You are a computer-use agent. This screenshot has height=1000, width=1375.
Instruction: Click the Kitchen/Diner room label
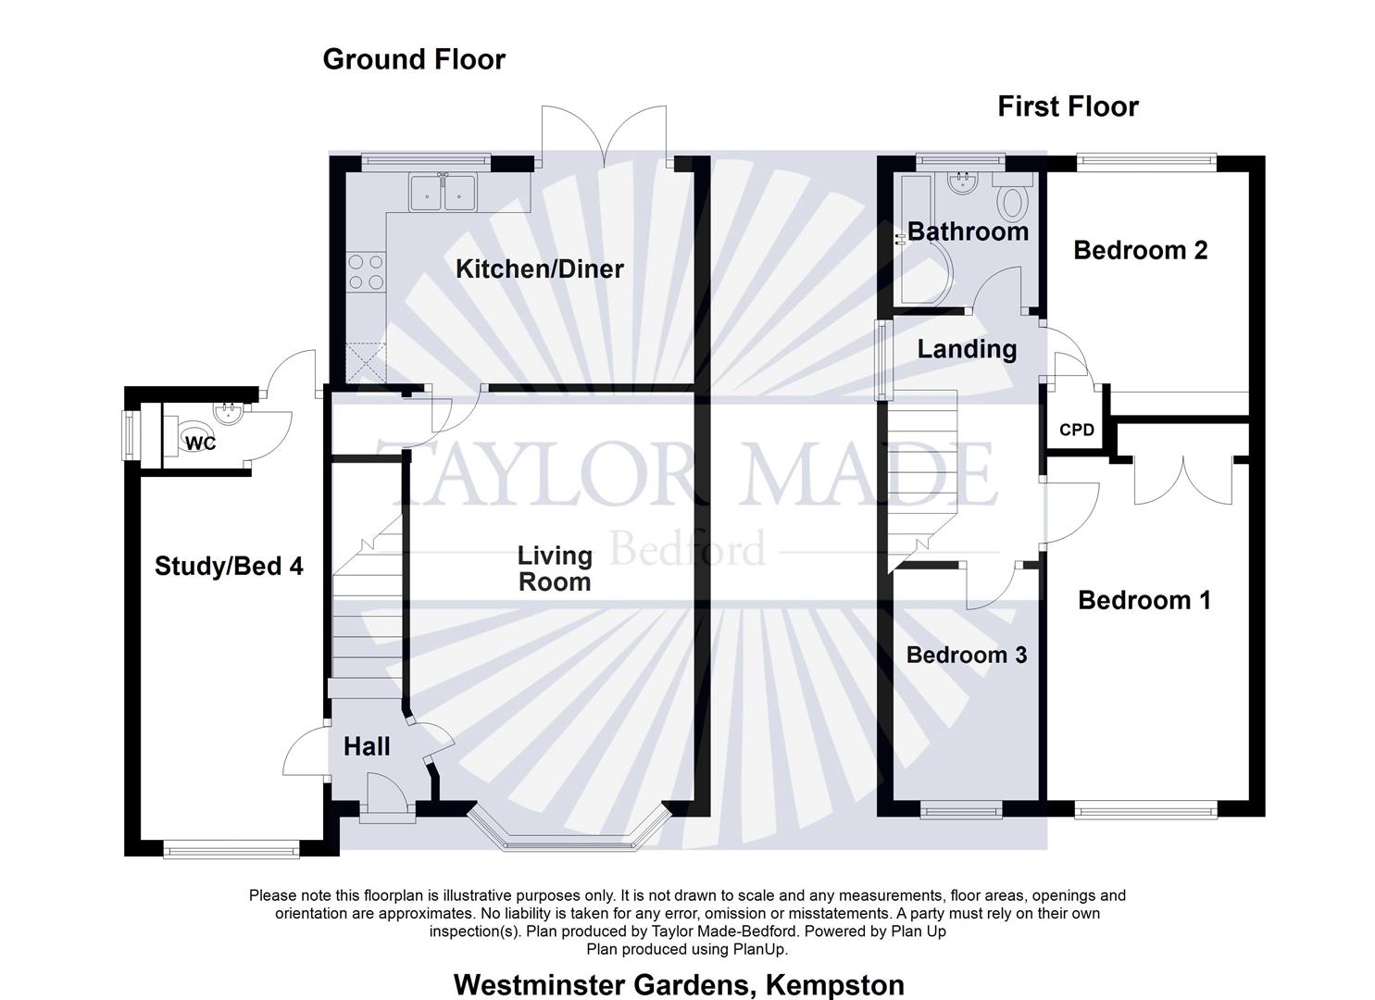(x=540, y=269)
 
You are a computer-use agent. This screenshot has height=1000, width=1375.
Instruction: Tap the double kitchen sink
(x=443, y=193)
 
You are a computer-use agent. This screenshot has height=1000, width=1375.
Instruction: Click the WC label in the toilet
(x=200, y=444)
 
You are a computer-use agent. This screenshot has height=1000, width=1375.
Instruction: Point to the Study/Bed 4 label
(x=229, y=566)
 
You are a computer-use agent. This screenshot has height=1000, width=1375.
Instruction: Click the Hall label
(x=367, y=746)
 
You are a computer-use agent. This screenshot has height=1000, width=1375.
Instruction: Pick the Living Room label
(x=555, y=569)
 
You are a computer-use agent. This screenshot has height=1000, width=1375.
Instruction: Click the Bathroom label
(x=968, y=231)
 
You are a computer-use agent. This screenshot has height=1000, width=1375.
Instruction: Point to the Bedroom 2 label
(x=1140, y=250)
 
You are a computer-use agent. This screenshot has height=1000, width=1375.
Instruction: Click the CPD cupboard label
(x=1076, y=430)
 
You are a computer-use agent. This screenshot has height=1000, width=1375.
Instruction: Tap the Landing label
(x=967, y=349)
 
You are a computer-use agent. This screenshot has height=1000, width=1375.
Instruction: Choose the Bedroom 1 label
(x=1144, y=600)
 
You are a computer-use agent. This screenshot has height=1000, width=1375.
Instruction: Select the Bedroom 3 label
(x=966, y=655)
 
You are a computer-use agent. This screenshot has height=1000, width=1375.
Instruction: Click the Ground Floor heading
(x=414, y=59)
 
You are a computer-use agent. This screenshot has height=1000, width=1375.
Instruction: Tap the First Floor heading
(x=1068, y=106)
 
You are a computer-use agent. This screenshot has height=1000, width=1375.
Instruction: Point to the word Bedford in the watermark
(x=689, y=548)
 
